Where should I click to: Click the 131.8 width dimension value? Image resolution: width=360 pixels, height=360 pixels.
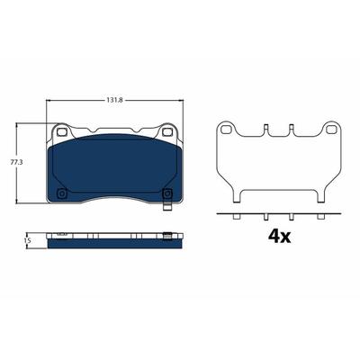point(115,101)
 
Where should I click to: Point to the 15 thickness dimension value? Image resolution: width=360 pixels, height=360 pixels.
point(29,240)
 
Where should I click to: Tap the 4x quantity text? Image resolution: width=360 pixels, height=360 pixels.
point(279,237)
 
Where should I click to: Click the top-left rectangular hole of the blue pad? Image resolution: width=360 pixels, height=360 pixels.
point(62,131)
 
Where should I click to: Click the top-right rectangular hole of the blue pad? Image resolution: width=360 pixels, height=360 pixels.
point(166,131)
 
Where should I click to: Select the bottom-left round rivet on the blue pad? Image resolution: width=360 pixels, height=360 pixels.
point(62,193)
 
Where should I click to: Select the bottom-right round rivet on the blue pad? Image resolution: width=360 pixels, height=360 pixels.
point(166,193)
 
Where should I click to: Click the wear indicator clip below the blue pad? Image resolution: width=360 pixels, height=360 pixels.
point(166,205)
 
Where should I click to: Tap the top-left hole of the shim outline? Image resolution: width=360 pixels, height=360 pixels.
point(224,130)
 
